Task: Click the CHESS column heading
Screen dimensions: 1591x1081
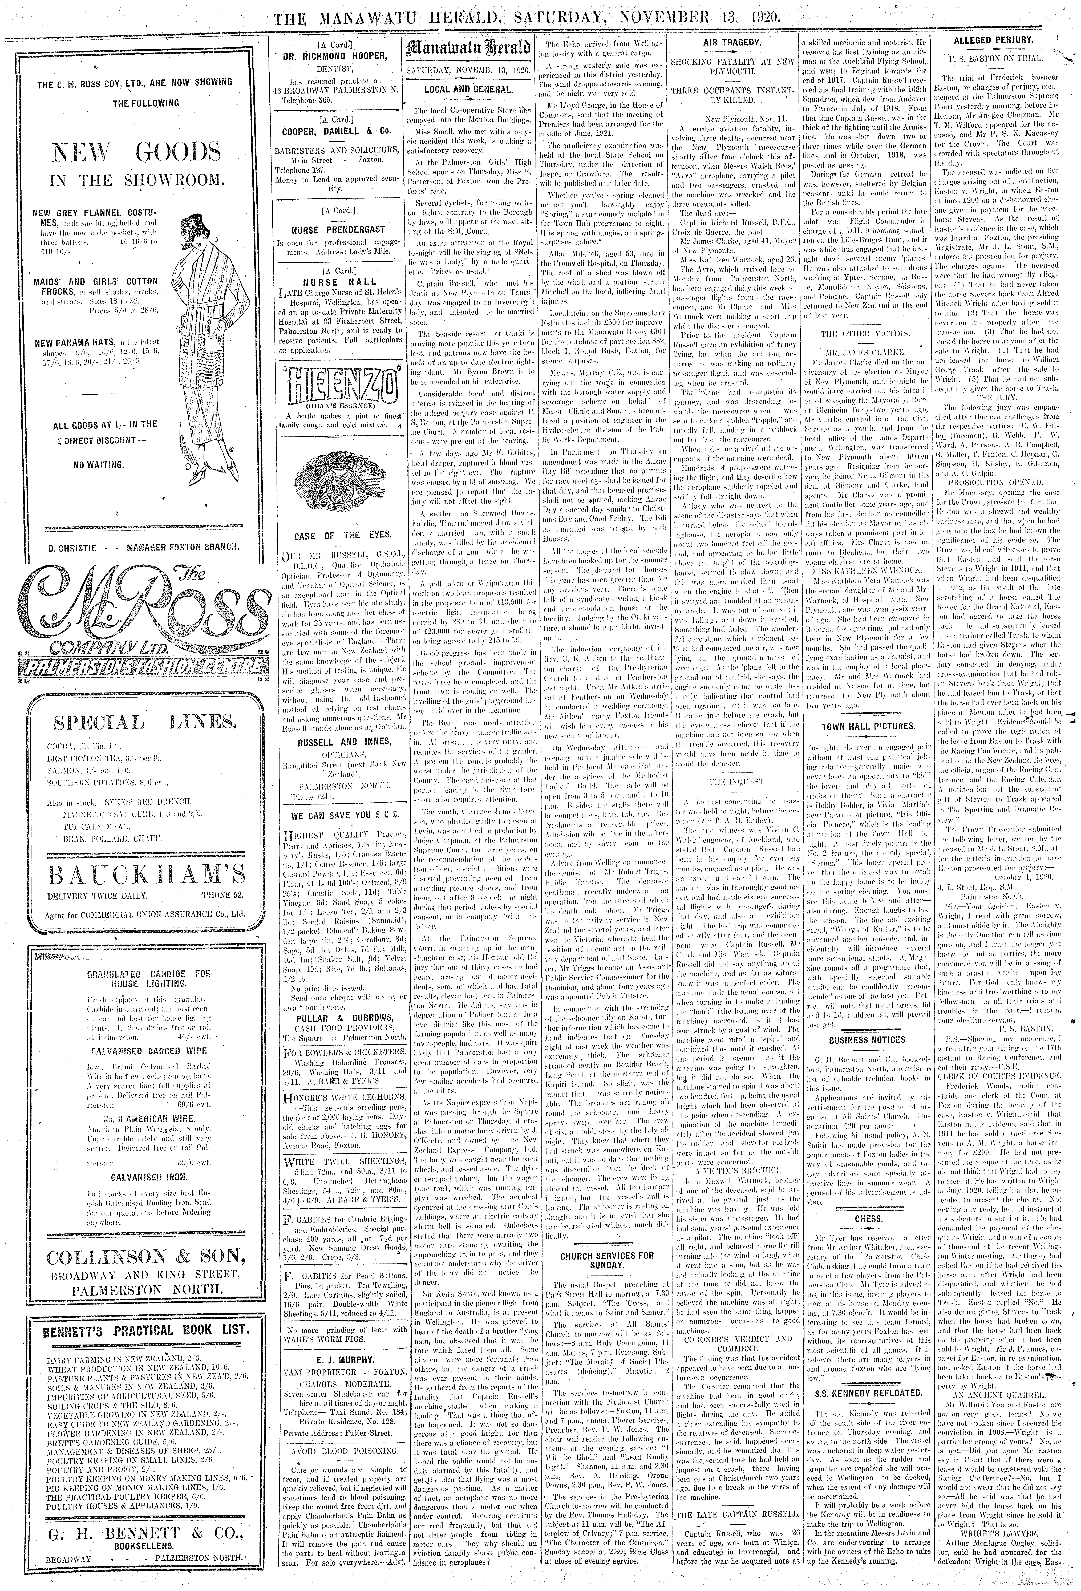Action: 868,1219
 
